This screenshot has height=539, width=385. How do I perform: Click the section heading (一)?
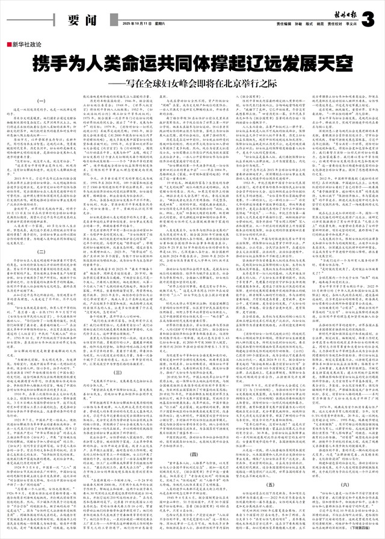pos(43,100)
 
